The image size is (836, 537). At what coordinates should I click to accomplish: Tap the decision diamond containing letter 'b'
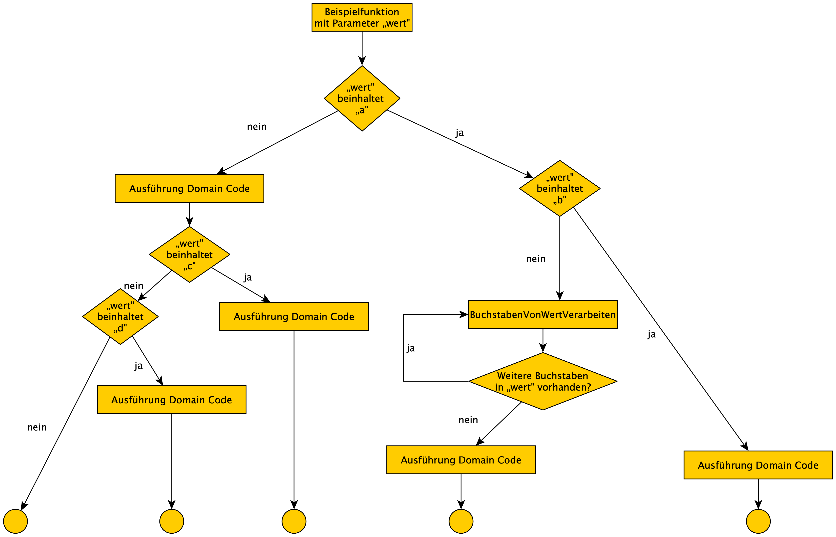coord(559,188)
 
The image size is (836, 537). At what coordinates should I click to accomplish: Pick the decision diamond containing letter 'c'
coord(189,255)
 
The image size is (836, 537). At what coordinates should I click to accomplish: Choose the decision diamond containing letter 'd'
coord(120,317)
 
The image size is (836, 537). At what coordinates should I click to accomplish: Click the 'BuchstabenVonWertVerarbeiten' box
coord(543,314)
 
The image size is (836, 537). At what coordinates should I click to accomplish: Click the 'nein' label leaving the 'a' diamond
coord(257,127)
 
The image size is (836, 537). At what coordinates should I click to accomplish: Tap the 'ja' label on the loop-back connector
coord(410,348)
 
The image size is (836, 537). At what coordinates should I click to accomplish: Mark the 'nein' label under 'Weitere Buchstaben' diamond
coord(468,420)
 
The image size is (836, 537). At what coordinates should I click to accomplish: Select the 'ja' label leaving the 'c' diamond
coord(248,277)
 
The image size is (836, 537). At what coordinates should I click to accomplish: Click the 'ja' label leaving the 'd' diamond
coord(138,366)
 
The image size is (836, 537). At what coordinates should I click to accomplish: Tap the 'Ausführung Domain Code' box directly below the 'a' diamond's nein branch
coord(189,189)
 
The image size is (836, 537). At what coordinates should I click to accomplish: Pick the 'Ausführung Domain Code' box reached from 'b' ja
coord(758,465)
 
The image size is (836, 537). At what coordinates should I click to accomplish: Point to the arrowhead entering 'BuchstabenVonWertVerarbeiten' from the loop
coord(464,314)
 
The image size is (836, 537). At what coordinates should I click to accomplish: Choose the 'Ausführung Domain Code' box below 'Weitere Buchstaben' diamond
coord(461,460)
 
